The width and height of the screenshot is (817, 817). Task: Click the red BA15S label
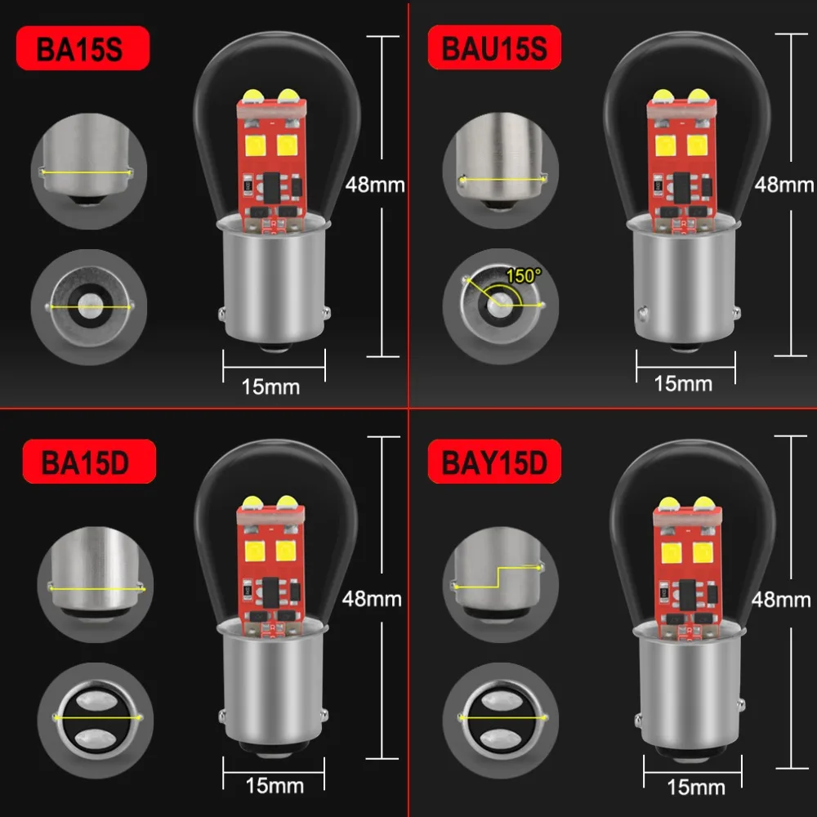tap(79, 48)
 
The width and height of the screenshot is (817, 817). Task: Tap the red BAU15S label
tap(493, 48)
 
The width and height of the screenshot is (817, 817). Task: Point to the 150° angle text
tap(523, 275)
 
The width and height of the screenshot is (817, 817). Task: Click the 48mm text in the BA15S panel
tap(375, 184)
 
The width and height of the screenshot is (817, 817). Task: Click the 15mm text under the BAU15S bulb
tap(683, 382)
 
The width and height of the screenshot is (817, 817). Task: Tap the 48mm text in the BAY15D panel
tap(781, 599)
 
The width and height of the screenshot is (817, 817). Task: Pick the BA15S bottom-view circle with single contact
tap(86, 306)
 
